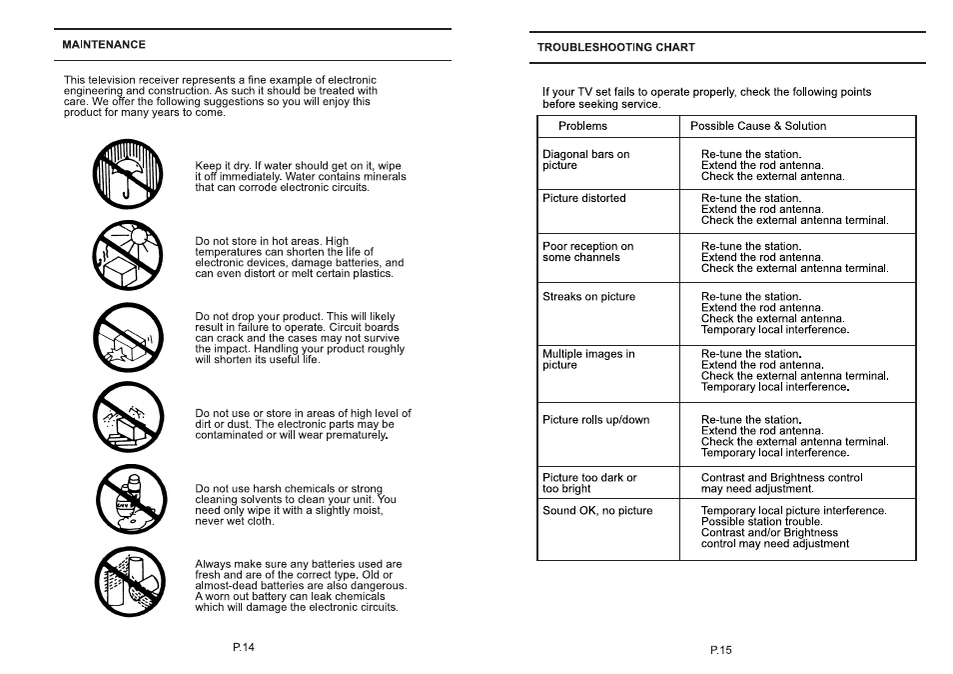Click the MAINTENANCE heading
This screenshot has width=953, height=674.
104,45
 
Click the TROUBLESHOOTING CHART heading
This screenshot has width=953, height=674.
616,47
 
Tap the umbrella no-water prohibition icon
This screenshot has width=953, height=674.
128,172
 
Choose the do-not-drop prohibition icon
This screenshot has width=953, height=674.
128,336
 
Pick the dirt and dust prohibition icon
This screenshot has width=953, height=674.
128,418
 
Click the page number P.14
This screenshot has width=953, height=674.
244,647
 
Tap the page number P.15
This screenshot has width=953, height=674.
721,650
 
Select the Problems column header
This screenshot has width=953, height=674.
582,126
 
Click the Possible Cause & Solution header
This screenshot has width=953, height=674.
758,126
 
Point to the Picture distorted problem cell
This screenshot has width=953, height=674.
584,198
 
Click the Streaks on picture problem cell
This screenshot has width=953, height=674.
588,297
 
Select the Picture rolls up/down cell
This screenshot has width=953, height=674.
595,420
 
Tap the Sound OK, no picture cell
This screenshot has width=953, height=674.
597,511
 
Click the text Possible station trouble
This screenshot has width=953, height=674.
761,522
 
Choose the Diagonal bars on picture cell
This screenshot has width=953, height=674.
586,160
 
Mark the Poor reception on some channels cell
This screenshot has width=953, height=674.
587,252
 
